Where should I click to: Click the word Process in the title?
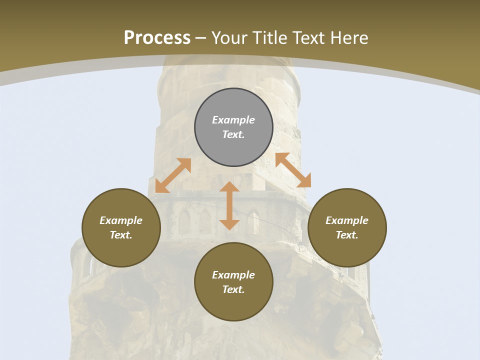coord(157,38)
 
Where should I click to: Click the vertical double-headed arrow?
coord(229,205)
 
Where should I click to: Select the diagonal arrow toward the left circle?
coord(173,175)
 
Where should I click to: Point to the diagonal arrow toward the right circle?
coord(293,170)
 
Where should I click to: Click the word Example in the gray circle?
coord(233,120)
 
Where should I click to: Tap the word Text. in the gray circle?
coord(233,134)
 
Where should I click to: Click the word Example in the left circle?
coord(121,220)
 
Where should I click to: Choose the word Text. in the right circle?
coord(347,235)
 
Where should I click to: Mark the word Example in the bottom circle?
coord(233,275)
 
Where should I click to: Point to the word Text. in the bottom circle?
coord(233,289)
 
